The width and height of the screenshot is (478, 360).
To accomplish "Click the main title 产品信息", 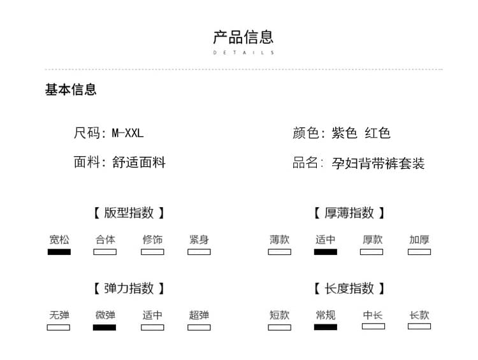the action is point(243,37).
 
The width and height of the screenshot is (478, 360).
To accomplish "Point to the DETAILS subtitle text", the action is point(243,52).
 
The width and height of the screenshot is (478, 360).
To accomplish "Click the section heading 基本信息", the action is point(71,90).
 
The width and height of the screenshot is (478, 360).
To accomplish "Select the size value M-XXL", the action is point(127,133).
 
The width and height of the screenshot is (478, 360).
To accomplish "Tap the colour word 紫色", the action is point(344,133).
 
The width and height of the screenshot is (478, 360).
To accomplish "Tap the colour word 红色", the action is point(377,133).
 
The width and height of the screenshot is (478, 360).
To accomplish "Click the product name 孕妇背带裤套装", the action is point(378,163).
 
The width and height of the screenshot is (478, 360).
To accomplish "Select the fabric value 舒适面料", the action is point(139,162).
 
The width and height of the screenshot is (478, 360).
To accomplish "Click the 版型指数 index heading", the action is point(129,213).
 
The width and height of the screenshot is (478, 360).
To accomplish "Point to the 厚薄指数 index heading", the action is point(349,213).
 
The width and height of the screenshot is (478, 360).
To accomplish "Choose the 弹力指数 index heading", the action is point(129,289).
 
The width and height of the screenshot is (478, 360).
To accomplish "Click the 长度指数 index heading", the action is point(349,289).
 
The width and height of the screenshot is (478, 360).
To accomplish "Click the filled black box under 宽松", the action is point(59,252).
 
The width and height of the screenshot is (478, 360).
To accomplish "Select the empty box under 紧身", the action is point(199,252).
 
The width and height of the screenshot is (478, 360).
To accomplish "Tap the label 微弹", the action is point(105,315).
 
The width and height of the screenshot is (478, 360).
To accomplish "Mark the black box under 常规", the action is point(326,327).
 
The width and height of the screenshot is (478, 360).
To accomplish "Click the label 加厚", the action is point(419,240).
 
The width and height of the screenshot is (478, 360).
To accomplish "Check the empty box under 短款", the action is point(280,328).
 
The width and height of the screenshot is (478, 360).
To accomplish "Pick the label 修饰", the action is point(152,240).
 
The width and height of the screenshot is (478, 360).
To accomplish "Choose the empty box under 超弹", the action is point(199,328).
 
